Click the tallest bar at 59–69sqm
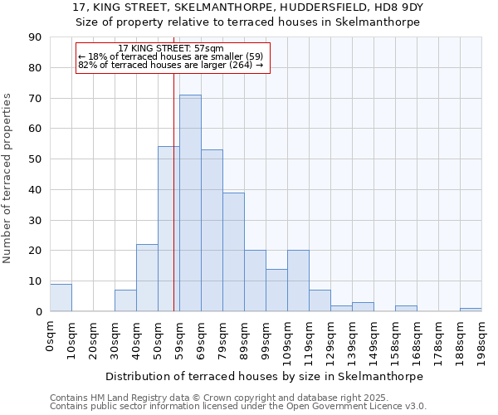pos(190,203)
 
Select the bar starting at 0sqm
pos(61,298)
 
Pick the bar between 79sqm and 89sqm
pos(233,252)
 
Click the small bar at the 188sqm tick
pos(471,310)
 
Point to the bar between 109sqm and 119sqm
pos(298,281)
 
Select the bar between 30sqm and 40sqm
pos(125,300)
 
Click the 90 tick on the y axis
pos(36,37)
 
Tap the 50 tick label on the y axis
pos(36,159)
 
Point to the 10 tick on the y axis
pos(36,281)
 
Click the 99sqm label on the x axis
pos(266,337)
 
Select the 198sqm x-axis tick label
pos(482,339)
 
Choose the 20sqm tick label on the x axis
pos(94,337)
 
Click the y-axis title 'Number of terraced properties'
pos(8,178)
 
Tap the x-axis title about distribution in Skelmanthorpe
pos(264,376)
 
